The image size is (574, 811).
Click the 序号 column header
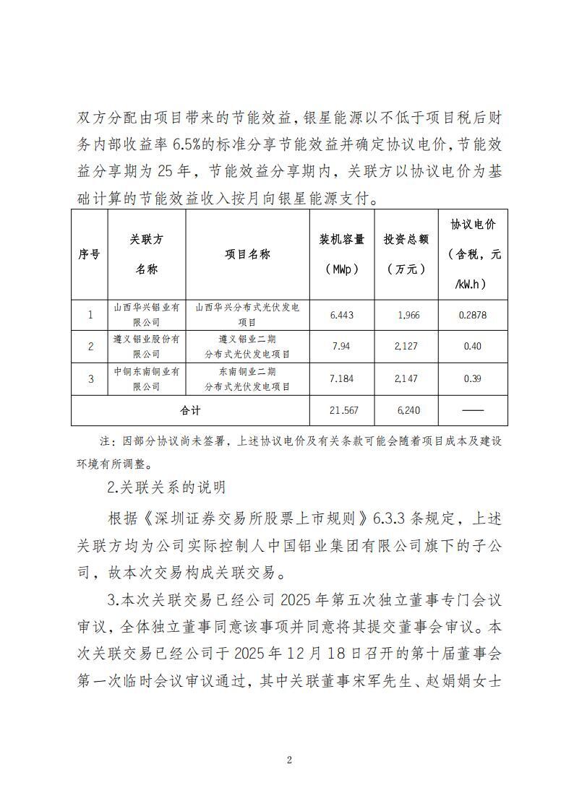[89, 254]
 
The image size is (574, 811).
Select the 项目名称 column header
[247, 254]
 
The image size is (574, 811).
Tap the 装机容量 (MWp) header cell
[342, 254]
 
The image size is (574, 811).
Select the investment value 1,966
[408, 315]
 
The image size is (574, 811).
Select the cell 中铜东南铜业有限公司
[147, 378]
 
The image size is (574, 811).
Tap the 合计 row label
[190, 410]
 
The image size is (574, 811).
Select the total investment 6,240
[408, 410]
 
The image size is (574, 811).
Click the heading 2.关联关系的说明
[166, 487]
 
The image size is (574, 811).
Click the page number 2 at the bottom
[288, 760]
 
